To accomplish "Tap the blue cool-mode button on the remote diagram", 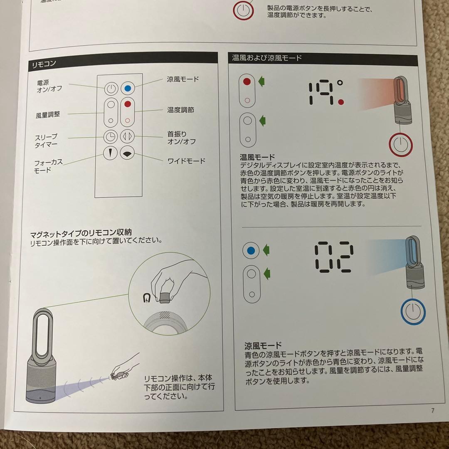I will (128, 89).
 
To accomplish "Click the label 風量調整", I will (48, 114).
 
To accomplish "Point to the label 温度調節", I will (180, 110).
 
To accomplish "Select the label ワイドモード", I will (186, 161).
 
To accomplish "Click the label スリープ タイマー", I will (46, 141).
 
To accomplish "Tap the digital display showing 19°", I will (326, 93).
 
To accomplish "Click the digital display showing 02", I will (334, 257).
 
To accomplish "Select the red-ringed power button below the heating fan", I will (400, 144).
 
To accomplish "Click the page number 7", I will (432, 411).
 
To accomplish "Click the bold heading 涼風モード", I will (263, 345).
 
